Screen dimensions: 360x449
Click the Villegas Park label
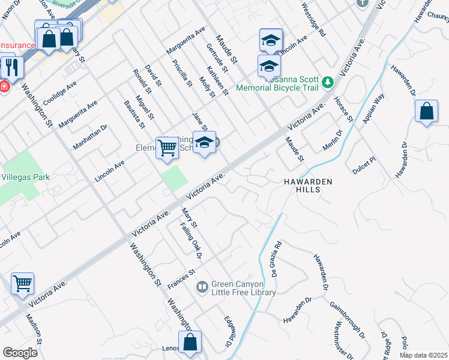click(x=25, y=177)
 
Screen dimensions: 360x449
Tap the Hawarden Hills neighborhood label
click(x=308, y=185)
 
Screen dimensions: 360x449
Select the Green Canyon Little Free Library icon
click(x=202, y=288)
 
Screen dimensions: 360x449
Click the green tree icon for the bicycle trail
click(x=327, y=82)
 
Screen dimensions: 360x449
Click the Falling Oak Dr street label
click(x=192, y=239)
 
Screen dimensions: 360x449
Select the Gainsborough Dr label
click(x=348, y=317)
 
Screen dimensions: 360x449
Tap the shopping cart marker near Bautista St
click(x=167, y=146)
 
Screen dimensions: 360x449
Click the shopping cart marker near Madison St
click(x=22, y=282)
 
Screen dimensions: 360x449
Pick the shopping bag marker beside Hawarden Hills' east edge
click(x=426, y=111)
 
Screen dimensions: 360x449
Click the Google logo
click(x=20, y=353)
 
